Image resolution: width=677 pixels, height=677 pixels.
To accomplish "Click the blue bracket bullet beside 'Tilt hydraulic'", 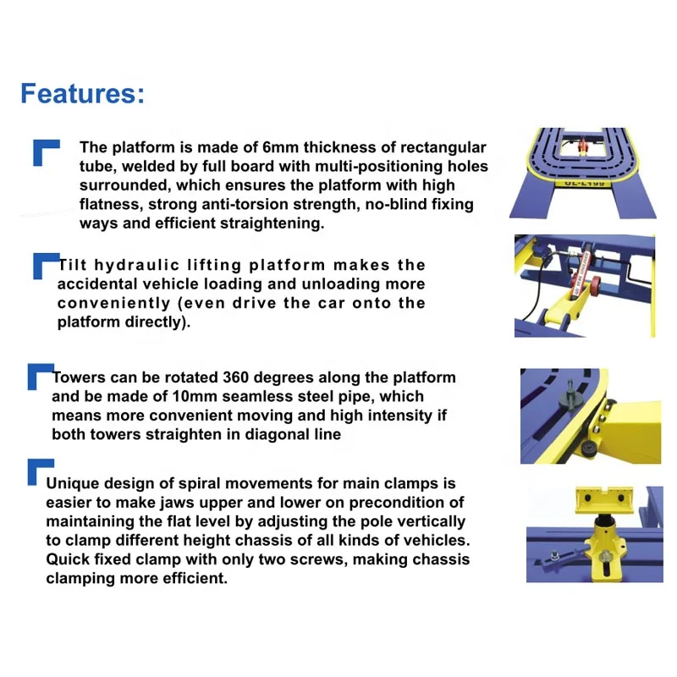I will (x=44, y=264).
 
